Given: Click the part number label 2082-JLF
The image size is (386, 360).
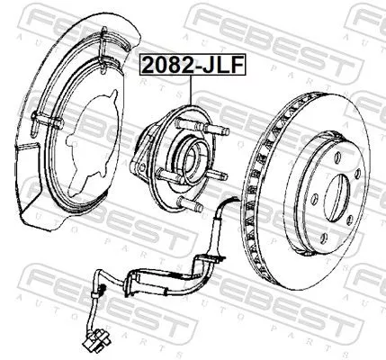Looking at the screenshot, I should pos(192,65).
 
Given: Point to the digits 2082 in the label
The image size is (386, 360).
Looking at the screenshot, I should pos(167,65).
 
